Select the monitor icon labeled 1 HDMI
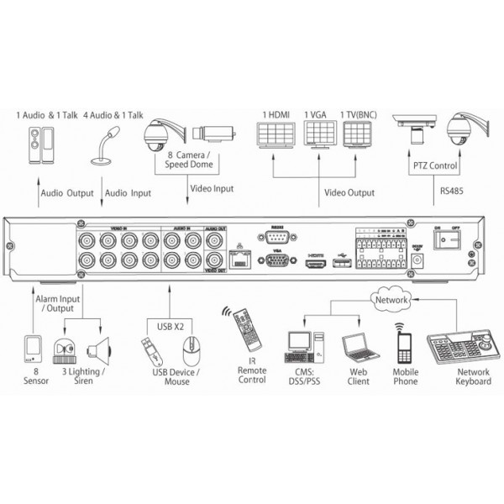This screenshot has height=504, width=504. (x=274, y=135)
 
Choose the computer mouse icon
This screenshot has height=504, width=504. (x=192, y=349)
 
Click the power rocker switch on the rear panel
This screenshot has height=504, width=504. (x=448, y=241)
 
